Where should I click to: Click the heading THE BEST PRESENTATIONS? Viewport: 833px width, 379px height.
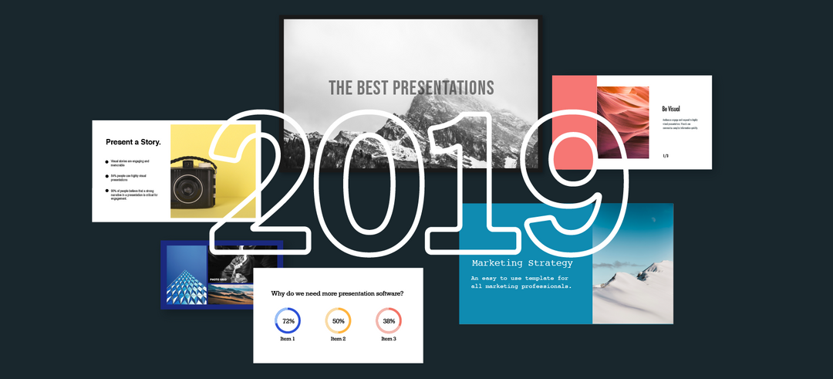(411, 88)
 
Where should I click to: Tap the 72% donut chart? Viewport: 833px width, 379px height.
(288, 320)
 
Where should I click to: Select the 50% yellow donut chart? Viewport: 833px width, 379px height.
(338, 320)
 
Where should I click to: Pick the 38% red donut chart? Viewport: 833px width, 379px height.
(389, 320)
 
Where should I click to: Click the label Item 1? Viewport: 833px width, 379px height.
(288, 339)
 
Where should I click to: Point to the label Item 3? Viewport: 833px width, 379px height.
(389, 339)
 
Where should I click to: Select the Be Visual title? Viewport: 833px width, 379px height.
(670, 109)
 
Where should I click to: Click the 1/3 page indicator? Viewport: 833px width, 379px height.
(666, 156)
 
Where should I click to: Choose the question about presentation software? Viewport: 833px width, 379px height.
(337, 293)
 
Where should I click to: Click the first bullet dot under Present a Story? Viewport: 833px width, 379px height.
(106, 162)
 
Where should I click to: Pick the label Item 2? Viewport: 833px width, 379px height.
(338, 339)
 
